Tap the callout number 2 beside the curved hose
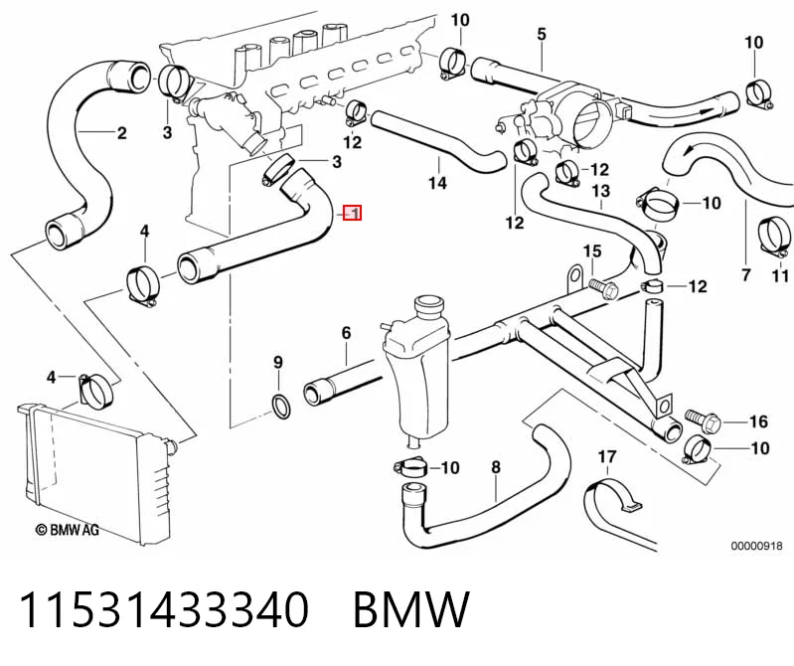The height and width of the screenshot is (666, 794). (121, 133)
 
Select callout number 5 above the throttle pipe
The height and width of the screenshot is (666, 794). (542, 35)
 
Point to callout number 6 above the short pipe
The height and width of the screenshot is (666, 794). (347, 333)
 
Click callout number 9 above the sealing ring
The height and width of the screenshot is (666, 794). (278, 363)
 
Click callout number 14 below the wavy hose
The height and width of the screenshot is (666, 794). (437, 182)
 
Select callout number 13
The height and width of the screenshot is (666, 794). (601, 192)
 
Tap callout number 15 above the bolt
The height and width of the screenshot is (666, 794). (592, 251)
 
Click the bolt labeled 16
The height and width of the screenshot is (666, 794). (703, 421)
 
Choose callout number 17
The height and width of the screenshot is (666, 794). (607, 457)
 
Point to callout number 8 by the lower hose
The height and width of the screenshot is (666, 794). (496, 467)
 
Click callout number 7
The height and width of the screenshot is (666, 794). (746, 275)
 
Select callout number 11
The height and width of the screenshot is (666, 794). (780, 275)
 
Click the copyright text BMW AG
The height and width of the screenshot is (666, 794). (67, 530)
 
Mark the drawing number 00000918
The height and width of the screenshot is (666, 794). (756, 546)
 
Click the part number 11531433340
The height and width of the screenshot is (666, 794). (163, 609)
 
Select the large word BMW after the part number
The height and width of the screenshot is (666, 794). (410, 609)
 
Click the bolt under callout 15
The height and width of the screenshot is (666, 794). (603, 289)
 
